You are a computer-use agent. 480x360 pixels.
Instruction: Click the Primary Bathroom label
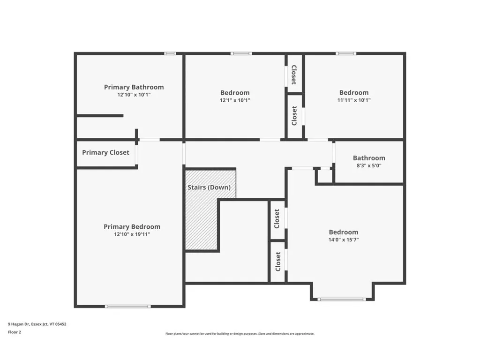click(x=134, y=87)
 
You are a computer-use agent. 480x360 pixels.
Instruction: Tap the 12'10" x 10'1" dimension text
click(x=134, y=95)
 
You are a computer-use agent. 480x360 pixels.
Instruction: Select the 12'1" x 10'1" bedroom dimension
click(x=235, y=100)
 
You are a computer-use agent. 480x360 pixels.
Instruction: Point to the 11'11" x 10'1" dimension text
click(x=354, y=100)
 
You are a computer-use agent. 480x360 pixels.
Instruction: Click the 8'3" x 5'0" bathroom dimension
click(x=369, y=165)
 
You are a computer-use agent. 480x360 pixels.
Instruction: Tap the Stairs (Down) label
click(x=209, y=187)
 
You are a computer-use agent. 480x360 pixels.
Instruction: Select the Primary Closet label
click(x=105, y=152)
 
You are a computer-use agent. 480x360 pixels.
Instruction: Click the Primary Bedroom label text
click(x=132, y=226)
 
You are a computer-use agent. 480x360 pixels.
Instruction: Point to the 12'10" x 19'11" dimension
click(x=132, y=234)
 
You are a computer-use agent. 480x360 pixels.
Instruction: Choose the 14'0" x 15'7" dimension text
click(x=343, y=240)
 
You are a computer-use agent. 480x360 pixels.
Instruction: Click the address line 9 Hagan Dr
click(x=37, y=323)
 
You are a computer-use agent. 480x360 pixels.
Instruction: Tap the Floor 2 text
click(x=15, y=332)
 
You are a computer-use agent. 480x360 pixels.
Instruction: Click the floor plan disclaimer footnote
click(x=240, y=334)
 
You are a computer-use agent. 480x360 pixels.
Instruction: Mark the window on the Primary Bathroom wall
click(x=170, y=53)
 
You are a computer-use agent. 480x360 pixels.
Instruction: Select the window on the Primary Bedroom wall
click(x=127, y=307)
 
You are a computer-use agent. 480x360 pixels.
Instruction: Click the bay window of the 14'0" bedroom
click(x=342, y=299)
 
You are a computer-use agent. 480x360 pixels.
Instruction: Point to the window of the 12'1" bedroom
click(x=241, y=53)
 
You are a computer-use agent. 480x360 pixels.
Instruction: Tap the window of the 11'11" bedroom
click(x=345, y=53)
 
